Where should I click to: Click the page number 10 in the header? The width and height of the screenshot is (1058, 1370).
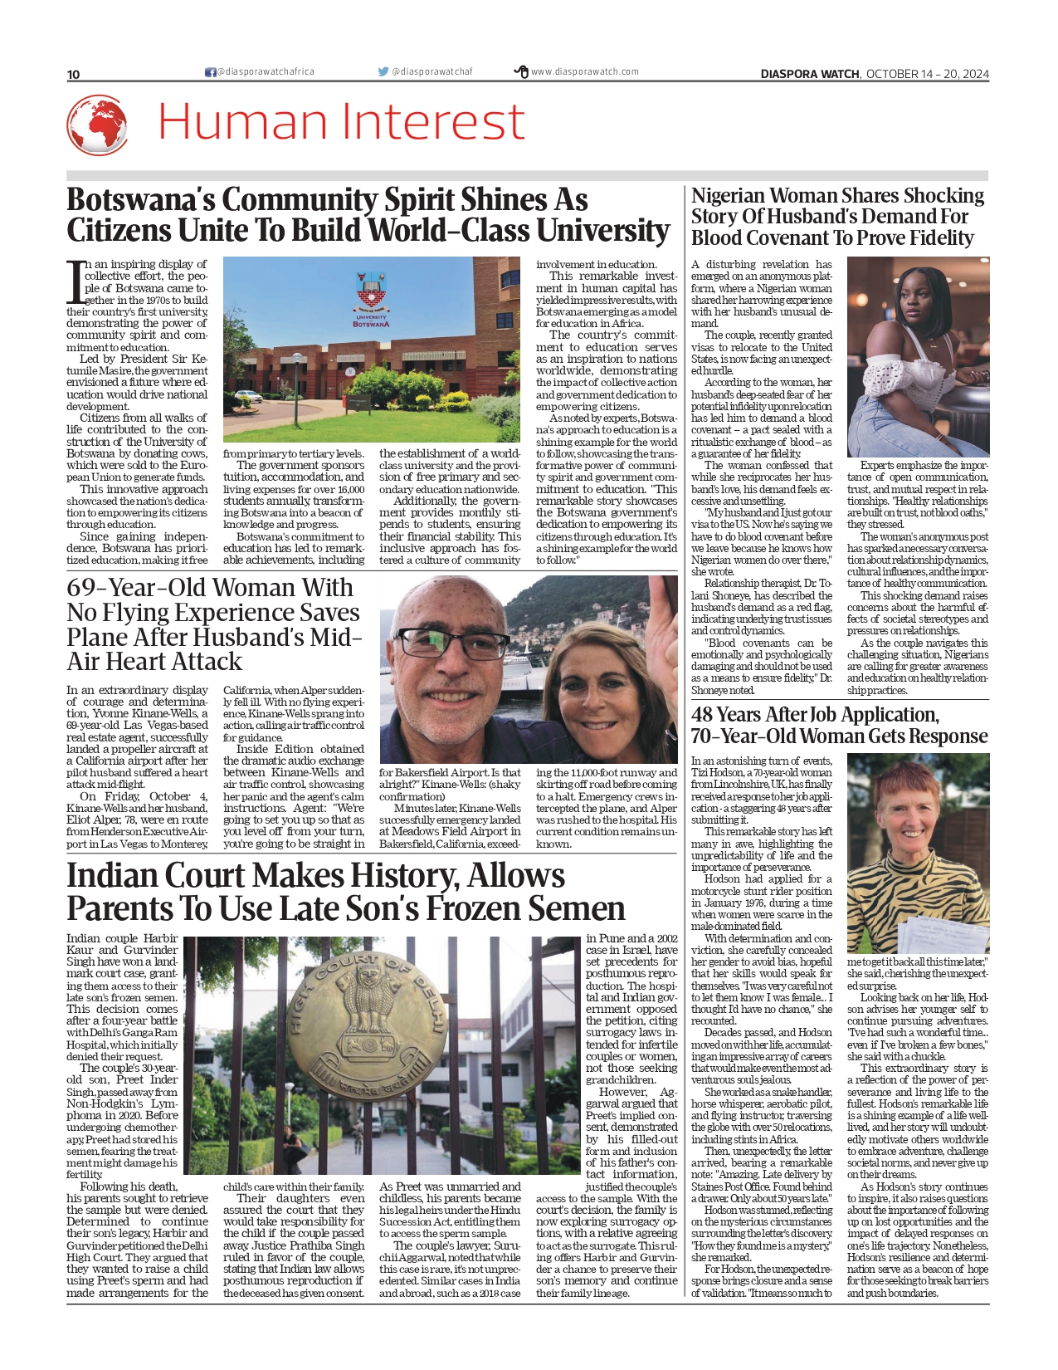point(73,75)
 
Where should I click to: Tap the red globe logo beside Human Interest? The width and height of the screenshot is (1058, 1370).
point(97,125)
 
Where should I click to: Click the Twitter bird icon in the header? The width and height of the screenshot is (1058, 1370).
point(383,72)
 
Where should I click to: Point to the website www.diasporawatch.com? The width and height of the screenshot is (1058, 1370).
point(585,72)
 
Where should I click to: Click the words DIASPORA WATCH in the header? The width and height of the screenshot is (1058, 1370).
point(810,74)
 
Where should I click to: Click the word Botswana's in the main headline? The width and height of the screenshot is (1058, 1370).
point(139,200)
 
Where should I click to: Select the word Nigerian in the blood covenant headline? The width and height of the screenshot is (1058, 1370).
point(728,196)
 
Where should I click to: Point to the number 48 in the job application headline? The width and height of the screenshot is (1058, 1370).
point(702,715)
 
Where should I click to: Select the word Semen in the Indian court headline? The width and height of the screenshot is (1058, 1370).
point(573,909)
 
